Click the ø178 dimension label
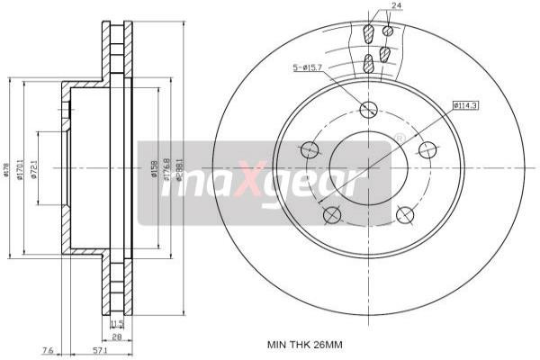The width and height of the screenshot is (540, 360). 7,167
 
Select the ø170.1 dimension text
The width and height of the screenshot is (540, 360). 20,167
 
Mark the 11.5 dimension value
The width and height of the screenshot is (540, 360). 116,322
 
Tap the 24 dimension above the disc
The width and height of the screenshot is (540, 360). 397,7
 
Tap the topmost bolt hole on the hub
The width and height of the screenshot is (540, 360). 367,110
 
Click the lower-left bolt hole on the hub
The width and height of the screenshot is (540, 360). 331,214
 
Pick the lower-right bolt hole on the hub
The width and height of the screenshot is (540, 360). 404,214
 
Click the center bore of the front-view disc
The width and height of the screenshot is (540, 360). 367,168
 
